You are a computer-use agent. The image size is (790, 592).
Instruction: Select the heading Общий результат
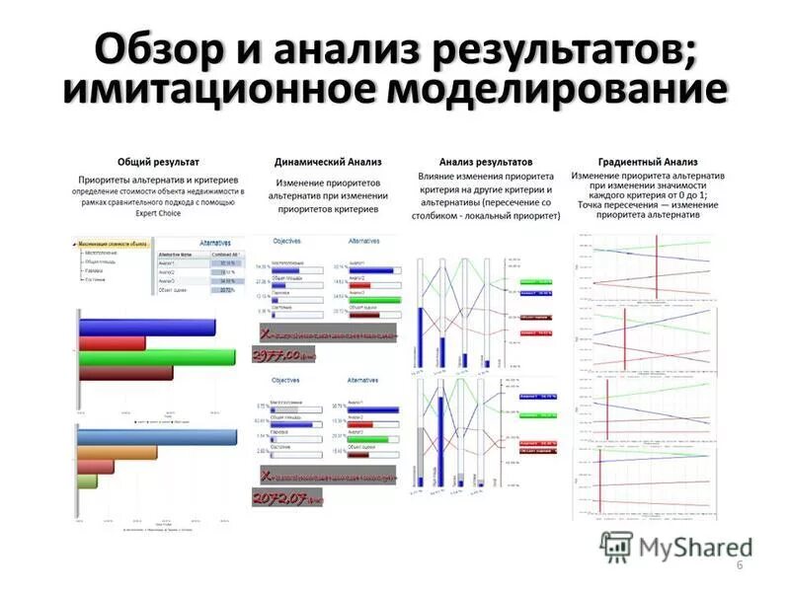click(158, 161)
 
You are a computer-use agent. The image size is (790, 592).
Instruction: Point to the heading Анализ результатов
click(486, 161)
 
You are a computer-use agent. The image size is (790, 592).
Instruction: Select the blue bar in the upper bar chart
click(145, 327)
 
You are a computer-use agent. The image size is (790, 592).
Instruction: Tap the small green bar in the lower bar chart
click(87, 481)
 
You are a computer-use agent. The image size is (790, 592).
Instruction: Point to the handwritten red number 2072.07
click(286, 498)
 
